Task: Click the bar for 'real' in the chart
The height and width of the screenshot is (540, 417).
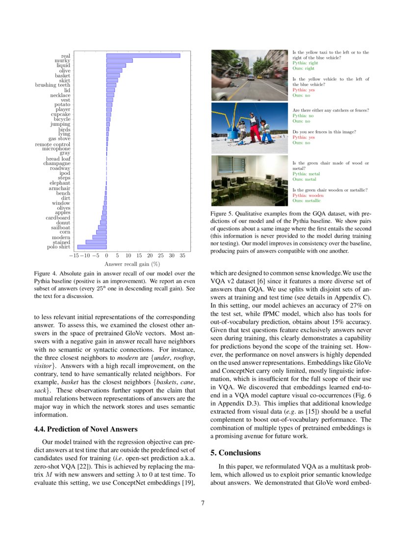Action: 143,55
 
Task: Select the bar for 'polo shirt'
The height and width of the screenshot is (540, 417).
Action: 92,247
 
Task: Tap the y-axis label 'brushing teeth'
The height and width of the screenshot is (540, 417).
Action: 52,85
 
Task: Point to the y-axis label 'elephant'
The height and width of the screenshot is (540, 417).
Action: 60,183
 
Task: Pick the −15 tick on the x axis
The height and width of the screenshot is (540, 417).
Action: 74,256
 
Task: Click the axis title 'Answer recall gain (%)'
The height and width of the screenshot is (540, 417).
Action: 132,264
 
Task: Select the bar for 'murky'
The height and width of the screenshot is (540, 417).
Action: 119,60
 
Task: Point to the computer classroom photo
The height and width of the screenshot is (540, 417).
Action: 250,181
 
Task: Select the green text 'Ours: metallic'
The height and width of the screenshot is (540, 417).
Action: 307,200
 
